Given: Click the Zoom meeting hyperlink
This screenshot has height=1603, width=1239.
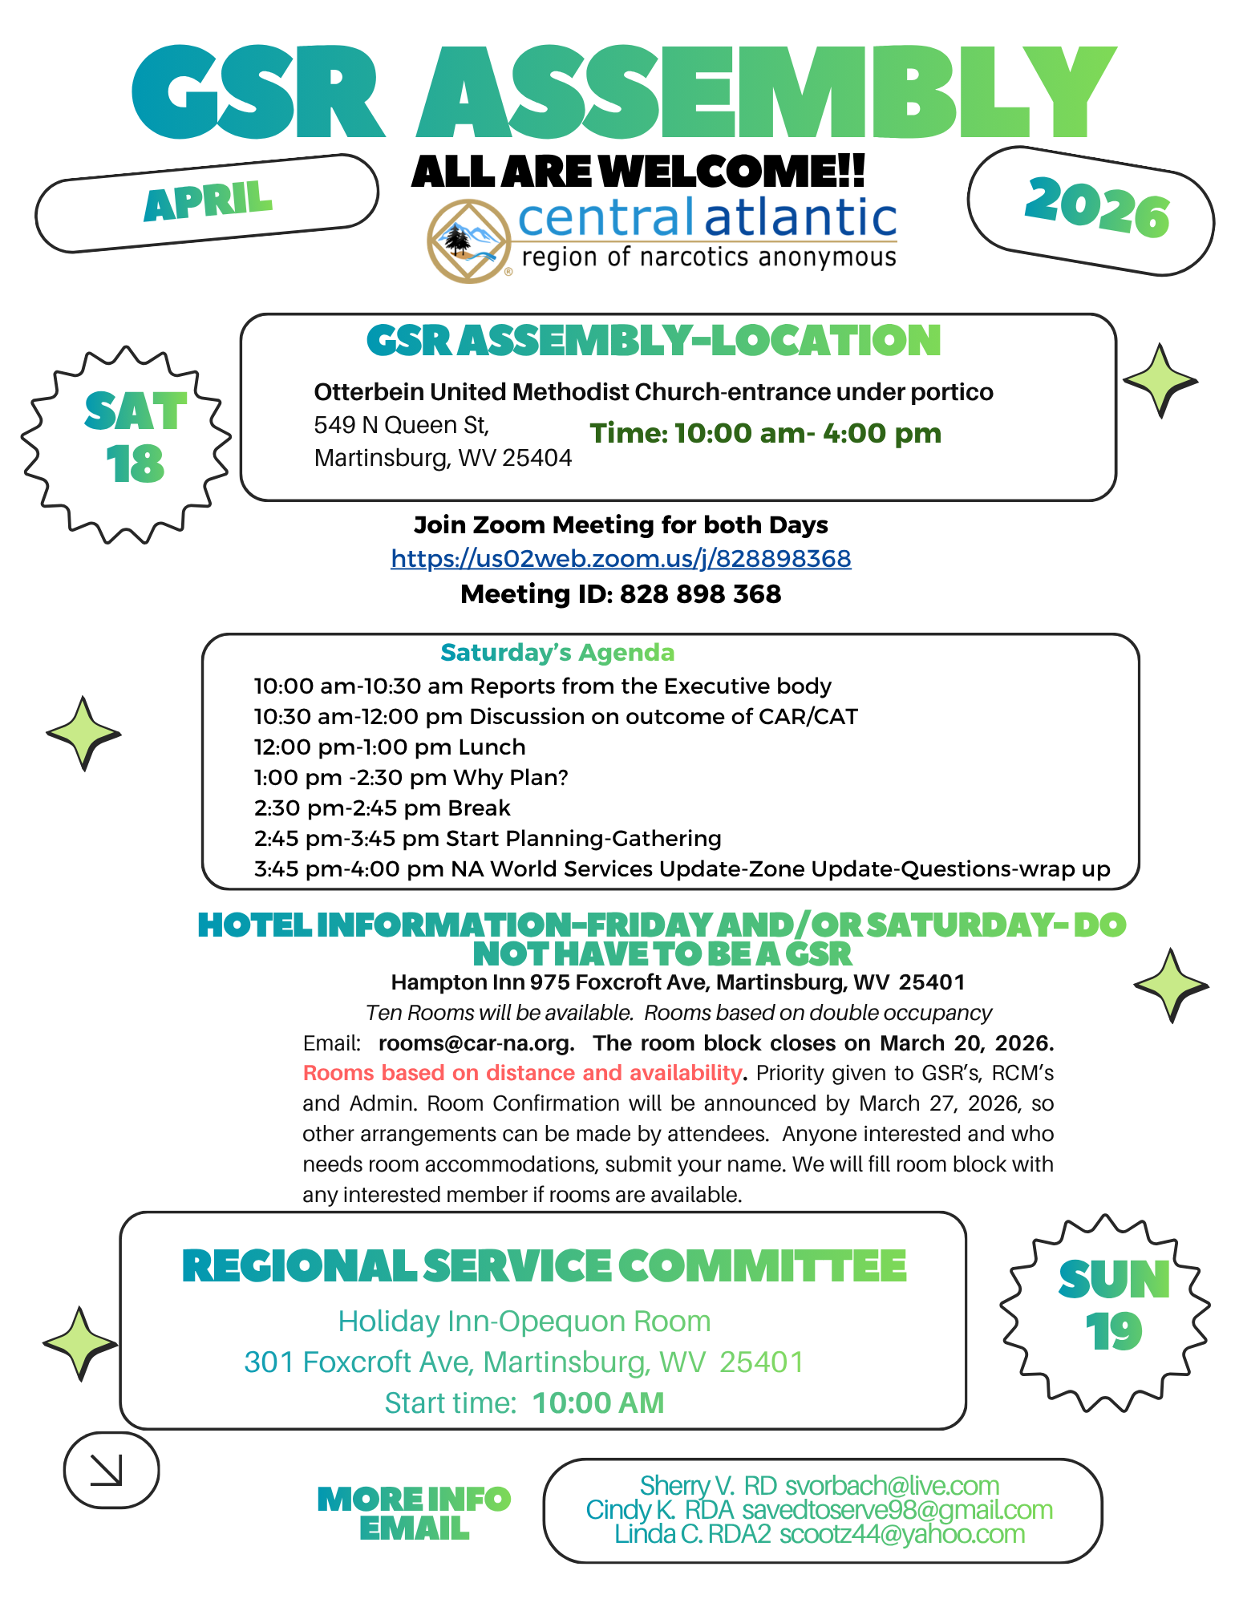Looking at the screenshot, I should (621, 558).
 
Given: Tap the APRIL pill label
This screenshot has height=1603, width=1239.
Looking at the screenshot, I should (207, 202).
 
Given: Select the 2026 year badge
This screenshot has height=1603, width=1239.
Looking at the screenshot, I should (1095, 208).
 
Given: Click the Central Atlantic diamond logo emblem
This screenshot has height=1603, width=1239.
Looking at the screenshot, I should (469, 241).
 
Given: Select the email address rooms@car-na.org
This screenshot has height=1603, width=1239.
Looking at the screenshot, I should (476, 1043).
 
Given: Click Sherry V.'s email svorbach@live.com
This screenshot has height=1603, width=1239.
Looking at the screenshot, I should (892, 1486).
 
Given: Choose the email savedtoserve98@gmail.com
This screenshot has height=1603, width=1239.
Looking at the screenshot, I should (897, 1510).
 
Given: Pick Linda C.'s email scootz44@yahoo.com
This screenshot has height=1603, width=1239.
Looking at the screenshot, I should (902, 1534).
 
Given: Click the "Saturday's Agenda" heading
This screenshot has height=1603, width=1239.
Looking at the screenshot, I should (557, 653).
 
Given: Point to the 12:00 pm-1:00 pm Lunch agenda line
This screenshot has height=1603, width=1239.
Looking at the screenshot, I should (390, 747).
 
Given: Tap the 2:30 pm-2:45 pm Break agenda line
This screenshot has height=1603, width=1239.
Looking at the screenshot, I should (382, 808).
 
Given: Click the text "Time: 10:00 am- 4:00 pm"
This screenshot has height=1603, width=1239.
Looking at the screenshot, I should (765, 434).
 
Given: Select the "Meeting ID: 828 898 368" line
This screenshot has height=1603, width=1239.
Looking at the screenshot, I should (621, 594).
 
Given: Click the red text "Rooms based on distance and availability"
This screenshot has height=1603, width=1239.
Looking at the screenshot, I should (522, 1073).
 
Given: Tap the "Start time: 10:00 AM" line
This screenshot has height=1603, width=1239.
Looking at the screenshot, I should (524, 1403).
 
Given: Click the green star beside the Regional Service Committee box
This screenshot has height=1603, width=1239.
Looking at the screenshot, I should (79, 1343).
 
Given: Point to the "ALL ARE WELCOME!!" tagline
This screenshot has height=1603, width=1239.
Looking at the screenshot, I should (638, 171).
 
